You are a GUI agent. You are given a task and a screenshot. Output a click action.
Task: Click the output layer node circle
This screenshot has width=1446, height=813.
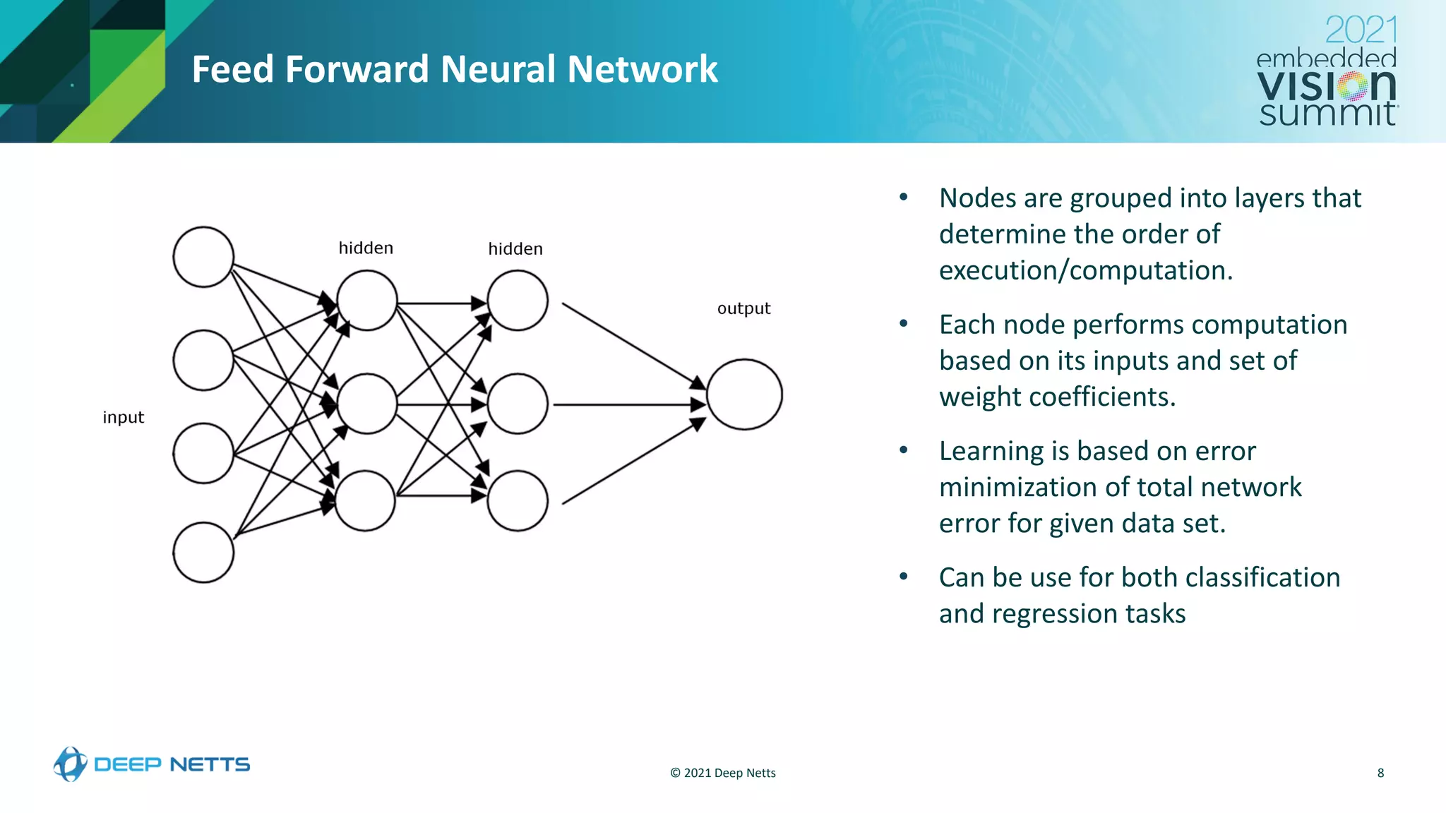pyautogui.click(x=744, y=395)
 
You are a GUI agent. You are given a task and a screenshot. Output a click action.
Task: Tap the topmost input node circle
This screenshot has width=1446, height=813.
pyautogui.click(x=203, y=257)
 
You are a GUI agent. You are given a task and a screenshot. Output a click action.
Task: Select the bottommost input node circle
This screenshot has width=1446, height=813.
pyautogui.click(x=203, y=553)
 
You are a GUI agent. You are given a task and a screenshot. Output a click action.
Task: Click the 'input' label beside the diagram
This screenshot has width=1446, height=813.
pyautogui.click(x=123, y=417)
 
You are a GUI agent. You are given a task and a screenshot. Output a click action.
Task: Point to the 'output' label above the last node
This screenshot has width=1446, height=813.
pyautogui.click(x=743, y=308)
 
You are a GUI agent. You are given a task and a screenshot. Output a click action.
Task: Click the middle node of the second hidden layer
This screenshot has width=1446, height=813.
pyautogui.click(x=518, y=404)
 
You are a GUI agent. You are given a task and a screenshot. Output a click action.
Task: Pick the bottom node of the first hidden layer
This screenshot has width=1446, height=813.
pyautogui.click(x=365, y=500)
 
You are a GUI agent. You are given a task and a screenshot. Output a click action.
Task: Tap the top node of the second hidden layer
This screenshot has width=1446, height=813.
pyautogui.click(x=518, y=301)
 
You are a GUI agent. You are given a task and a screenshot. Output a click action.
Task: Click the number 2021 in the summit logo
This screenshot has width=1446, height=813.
pyautogui.click(x=1361, y=30)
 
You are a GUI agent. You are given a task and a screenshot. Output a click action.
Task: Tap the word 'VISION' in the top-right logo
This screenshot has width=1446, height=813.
pyautogui.click(x=1326, y=86)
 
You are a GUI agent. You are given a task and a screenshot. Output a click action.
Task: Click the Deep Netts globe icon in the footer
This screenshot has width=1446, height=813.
pyautogui.click(x=70, y=764)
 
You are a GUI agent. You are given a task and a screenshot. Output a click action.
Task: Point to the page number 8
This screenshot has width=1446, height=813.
pyautogui.click(x=1380, y=773)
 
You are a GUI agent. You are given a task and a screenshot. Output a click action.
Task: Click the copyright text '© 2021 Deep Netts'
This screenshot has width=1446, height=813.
pyautogui.click(x=722, y=773)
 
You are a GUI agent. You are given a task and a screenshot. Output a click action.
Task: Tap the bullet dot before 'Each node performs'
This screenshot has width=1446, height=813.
pyautogui.click(x=904, y=324)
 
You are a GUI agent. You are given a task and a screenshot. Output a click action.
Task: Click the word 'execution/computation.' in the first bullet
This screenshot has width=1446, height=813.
pyautogui.click(x=1085, y=270)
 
